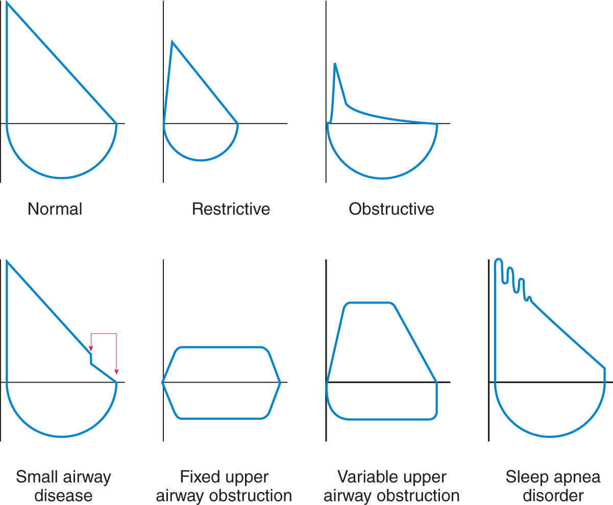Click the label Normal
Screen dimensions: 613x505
pyautogui.click(x=55, y=209)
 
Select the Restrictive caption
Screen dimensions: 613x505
pyautogui.click(x=231, y=209)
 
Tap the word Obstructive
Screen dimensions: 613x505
pyautogui.click(x=391, y=209)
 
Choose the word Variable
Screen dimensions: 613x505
pyautogui.click(x=364, y=476)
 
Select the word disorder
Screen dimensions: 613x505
pyautogui.click(x=553, y=496)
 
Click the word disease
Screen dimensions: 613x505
pyautogui.click(x=63, y=496)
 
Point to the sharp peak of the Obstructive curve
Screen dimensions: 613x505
pyautogui.click(x=335, y=63)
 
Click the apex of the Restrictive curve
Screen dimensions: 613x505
pyautogui.click(x=172, y=41)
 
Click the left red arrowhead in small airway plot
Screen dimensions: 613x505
pyautogui.click(x=91, y=348)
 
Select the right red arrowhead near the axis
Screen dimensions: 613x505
pyautogui.click(x=116, y=372)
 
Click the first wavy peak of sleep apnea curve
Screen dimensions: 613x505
pyautogui.click(x=498, y=260)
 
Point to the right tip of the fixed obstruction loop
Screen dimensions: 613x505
pyautogui.click(x=280, y=383)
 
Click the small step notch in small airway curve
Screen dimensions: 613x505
pyautogui.click(x=91, y=359)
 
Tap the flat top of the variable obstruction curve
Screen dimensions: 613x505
pyautogui.click(x=370, y=302)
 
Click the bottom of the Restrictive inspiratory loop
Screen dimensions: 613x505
pyautogui.click(x=201, y=160)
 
